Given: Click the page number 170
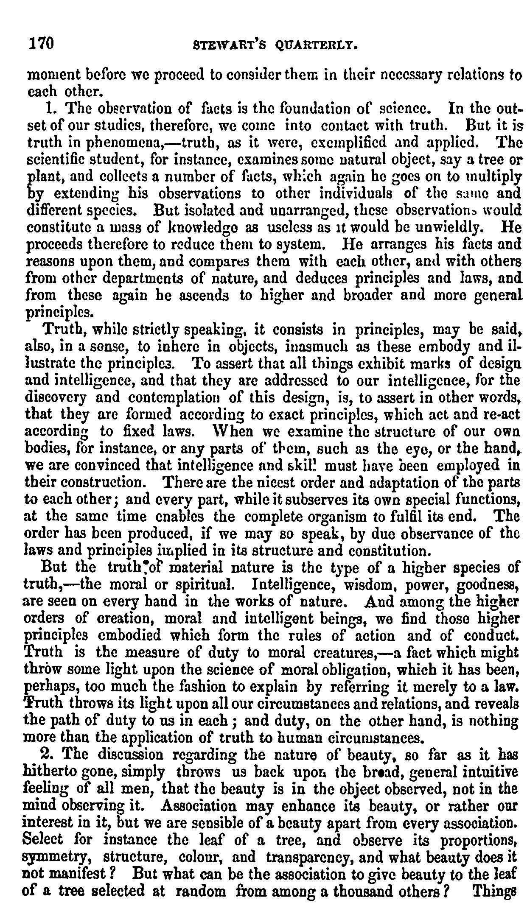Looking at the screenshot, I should point(40,44).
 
